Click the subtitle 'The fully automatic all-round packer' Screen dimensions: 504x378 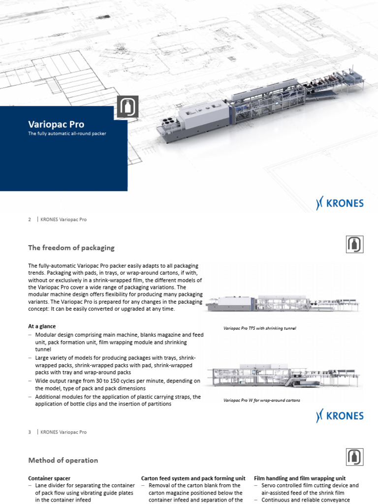[67, 134]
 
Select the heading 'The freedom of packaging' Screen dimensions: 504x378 [71, 247]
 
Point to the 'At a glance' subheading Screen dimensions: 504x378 [42, 326]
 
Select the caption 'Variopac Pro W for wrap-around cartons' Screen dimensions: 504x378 [261, 400]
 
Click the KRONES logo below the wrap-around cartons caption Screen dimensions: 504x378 [340, 416]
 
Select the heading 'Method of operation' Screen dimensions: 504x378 [63, 460]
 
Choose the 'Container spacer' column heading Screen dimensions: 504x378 [49, 478]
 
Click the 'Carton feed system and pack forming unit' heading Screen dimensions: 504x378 [193, 478]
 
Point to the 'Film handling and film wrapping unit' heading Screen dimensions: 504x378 [299, 478]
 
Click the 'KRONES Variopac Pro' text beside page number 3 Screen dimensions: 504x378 [63, 432]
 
